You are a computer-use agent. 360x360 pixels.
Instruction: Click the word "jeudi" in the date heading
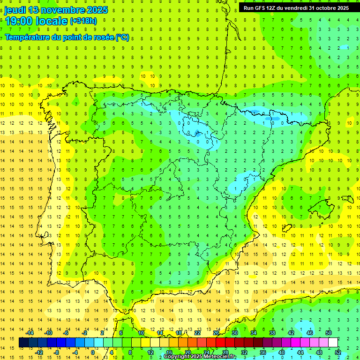click(x=15, y=10)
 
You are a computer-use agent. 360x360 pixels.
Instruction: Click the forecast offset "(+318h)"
click(x=83, y=21)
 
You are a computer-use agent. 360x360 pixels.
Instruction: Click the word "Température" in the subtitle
click(x=27, y=37)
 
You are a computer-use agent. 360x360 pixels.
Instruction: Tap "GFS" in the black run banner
click(x=264, y=8)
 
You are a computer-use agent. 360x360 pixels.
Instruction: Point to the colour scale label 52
click(x=338, y=352)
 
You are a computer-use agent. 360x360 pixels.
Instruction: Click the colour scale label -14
click(x=30, y=333)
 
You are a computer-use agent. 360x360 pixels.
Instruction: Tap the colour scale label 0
click(x=93, y=352)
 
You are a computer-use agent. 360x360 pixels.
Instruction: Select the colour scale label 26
click(x=216, y=333)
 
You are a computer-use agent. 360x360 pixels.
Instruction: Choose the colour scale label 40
click(x=282, y=352)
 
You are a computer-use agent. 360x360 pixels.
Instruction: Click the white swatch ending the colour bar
click(x=333, y=343)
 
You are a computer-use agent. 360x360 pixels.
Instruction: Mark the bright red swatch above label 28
click(x=225, y=343)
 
